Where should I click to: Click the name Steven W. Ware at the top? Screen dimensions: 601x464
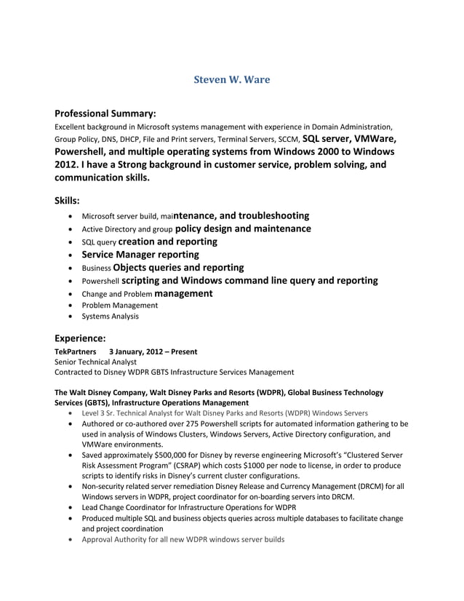[231, 79]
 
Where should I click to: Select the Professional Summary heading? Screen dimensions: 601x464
[105, 114]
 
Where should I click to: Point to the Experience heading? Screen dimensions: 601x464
[80, 338]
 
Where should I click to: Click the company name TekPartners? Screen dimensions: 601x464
[76, 351]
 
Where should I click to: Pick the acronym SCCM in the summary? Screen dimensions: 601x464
[284, 138]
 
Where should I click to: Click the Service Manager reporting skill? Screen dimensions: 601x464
[140, 255]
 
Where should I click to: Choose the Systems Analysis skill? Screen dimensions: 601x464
[110, 316]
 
